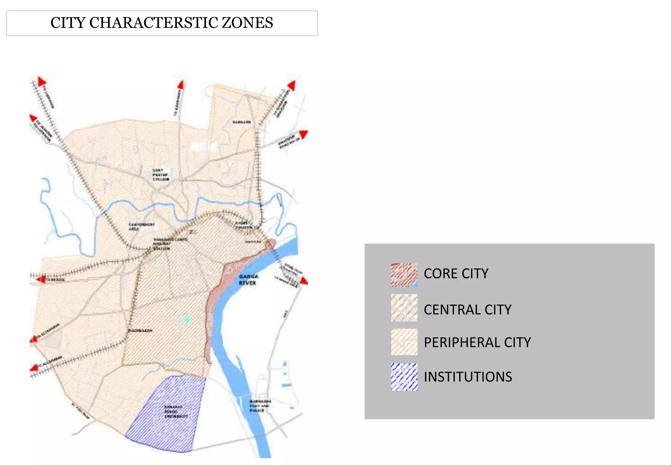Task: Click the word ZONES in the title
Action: [247, 23]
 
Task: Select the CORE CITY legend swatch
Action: [404, 275]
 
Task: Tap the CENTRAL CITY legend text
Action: [468, 310]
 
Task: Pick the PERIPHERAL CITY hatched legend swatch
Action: [404, 342]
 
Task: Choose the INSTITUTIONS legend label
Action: [468, 377]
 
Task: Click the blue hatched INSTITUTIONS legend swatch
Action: [404, 377]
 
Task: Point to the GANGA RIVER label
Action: [248, 280]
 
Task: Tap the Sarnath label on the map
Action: [241, 122]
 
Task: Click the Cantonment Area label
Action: [141, 227]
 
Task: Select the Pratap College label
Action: [161, 175]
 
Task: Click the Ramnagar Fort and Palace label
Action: [260, 406]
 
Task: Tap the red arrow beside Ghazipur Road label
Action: [304, 134]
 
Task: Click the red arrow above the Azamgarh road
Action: [181, 85]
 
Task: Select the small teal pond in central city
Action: [186, 319]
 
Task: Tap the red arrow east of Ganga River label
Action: [304, 281]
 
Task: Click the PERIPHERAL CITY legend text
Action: [477, 342]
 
